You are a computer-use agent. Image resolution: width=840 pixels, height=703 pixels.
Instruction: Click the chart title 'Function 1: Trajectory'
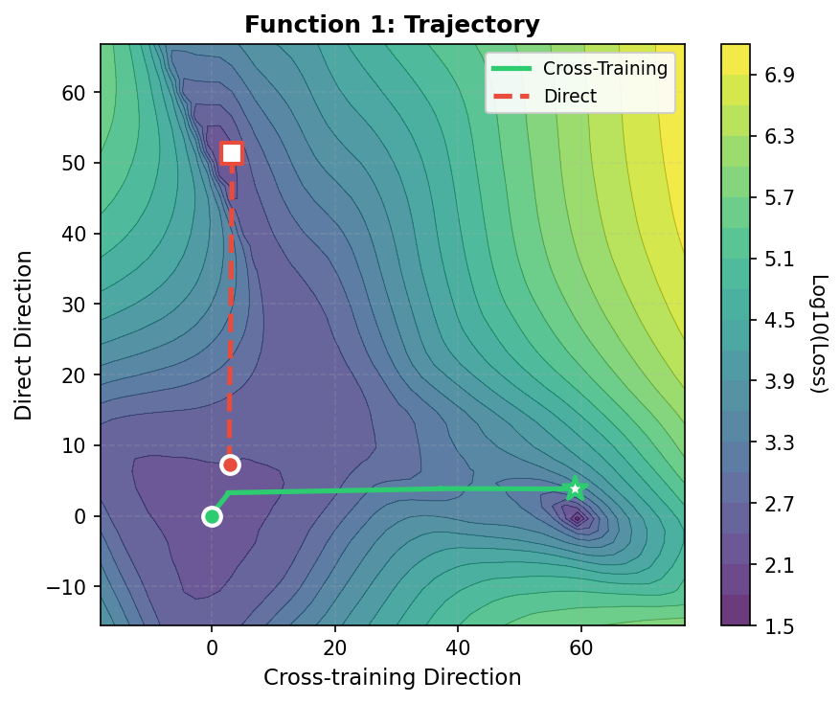392,25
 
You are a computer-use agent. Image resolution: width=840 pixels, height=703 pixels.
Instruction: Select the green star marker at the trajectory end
575,488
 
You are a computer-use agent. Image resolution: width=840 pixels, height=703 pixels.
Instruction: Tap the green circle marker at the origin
212,517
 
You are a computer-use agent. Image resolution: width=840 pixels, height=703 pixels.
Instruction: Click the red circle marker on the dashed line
230,465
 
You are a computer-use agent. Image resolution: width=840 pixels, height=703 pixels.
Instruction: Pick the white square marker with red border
232,153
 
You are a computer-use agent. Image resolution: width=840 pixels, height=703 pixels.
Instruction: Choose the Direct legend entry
570,96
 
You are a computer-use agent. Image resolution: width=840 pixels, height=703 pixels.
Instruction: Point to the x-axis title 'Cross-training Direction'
392,678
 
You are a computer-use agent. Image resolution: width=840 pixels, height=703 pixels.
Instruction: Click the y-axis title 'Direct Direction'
24,335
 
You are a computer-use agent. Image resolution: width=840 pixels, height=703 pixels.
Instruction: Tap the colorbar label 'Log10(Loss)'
819,334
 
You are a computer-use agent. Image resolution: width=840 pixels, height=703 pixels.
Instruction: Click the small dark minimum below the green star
578,518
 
